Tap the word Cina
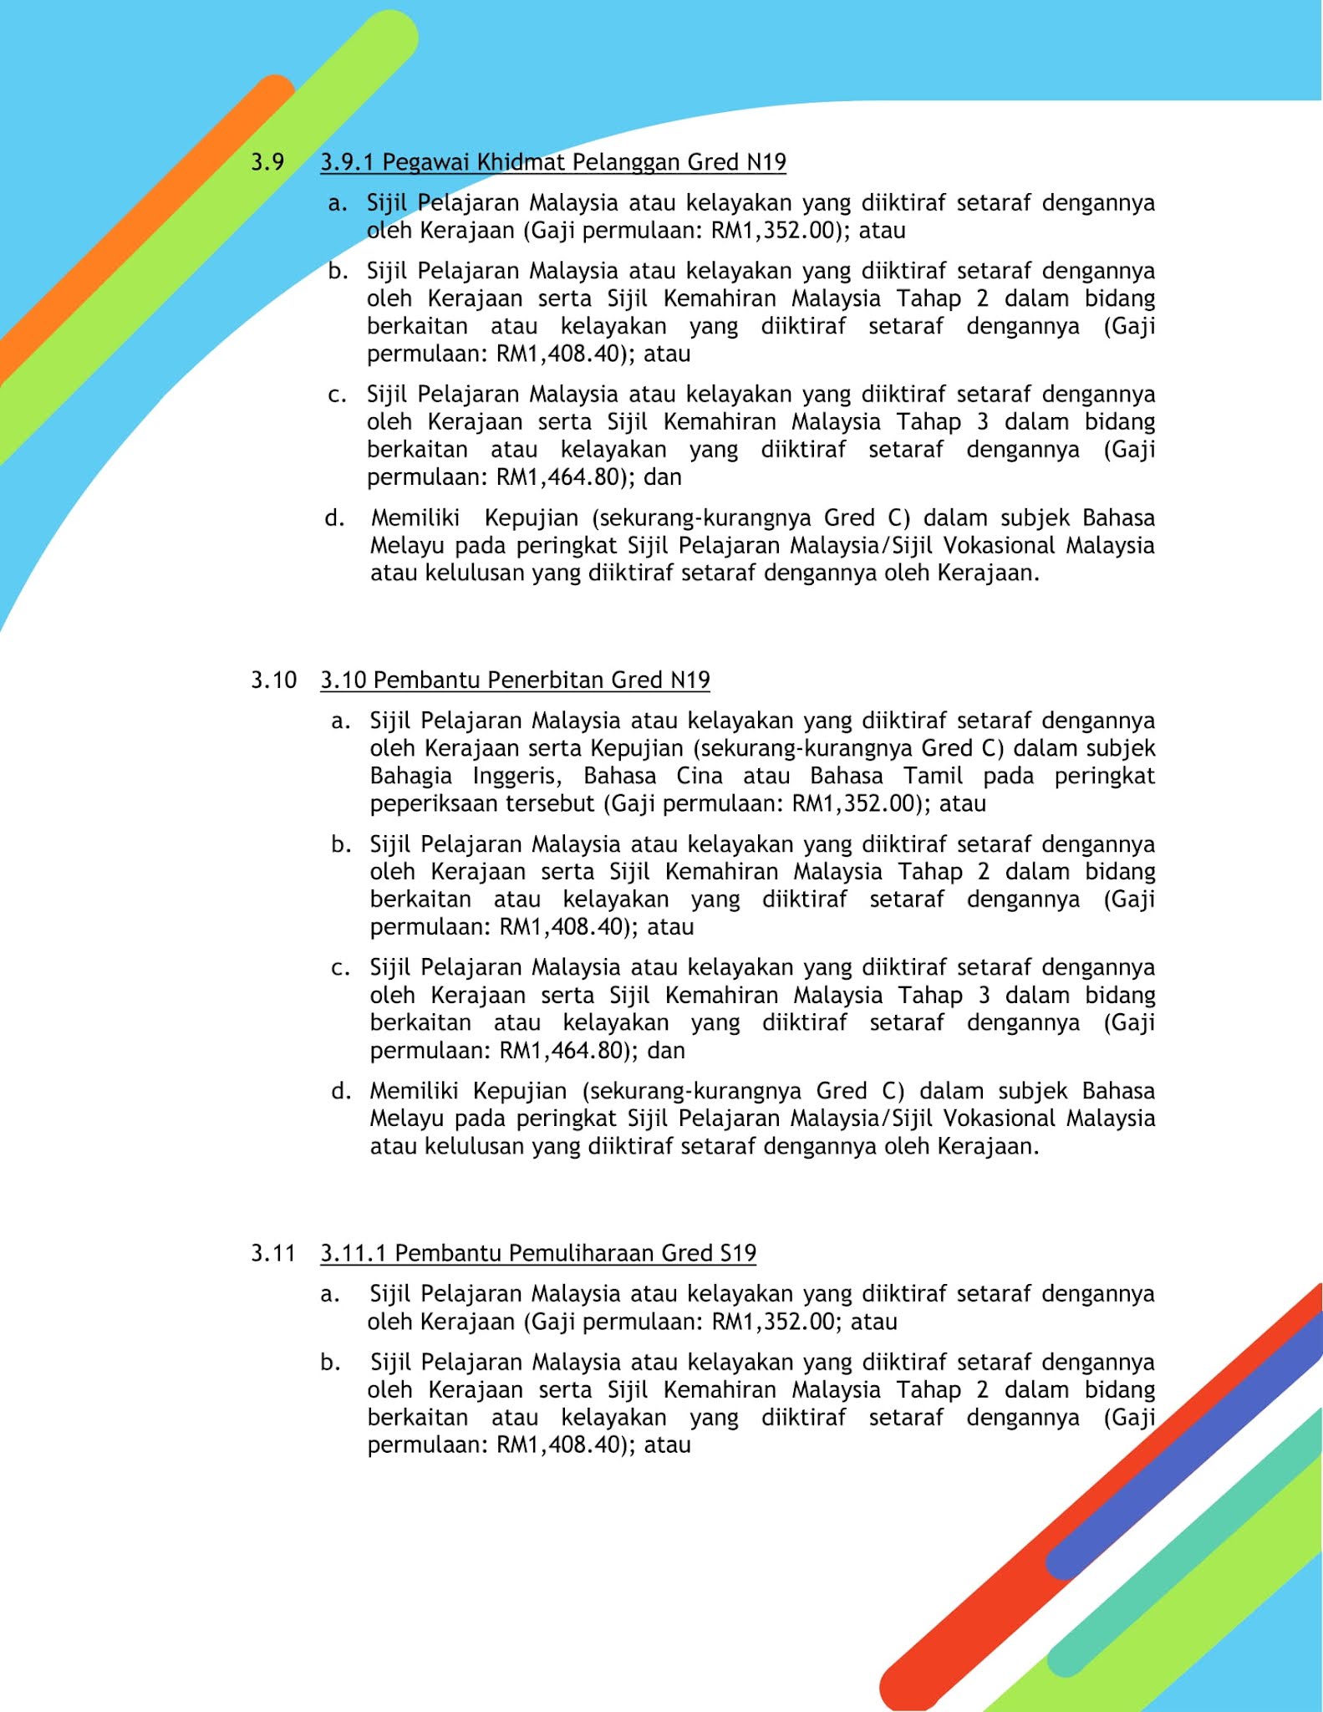point(700,776)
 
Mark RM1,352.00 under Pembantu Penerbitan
point(853,804)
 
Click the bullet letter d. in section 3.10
point(340,1091)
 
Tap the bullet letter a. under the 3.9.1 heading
point(338,203)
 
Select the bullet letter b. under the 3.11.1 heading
point(330,1363)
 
